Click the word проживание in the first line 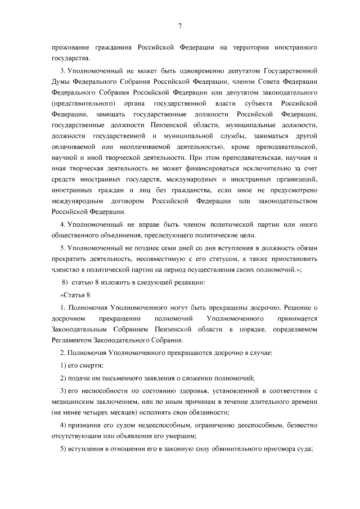tap(69, 49)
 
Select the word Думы tap(61, 82)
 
